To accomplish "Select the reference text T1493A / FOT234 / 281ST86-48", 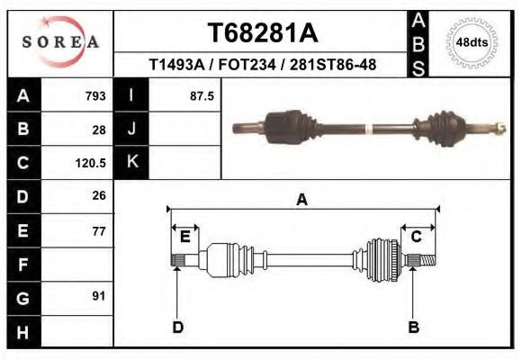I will click(262, 65).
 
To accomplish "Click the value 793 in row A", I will click(95, 95).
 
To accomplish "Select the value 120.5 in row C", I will click(92, 163).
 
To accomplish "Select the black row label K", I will click(131, 162).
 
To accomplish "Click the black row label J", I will click(131, 129).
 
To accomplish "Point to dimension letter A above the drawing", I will click(301, 200).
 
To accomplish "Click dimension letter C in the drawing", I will click(417, 237).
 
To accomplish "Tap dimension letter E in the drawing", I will click(184, 237).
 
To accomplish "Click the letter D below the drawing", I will click(177, 327).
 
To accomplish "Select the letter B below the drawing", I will click(414, 327).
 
